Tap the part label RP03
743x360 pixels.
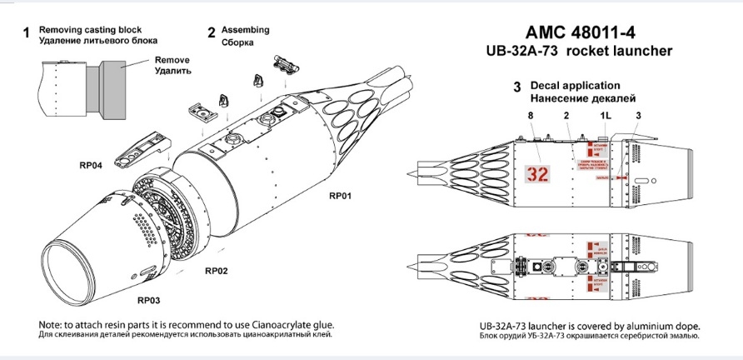click(151, 299)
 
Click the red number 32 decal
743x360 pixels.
click(539, 174)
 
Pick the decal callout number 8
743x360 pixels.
click(530, 114)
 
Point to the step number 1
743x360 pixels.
click(27, 33)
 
